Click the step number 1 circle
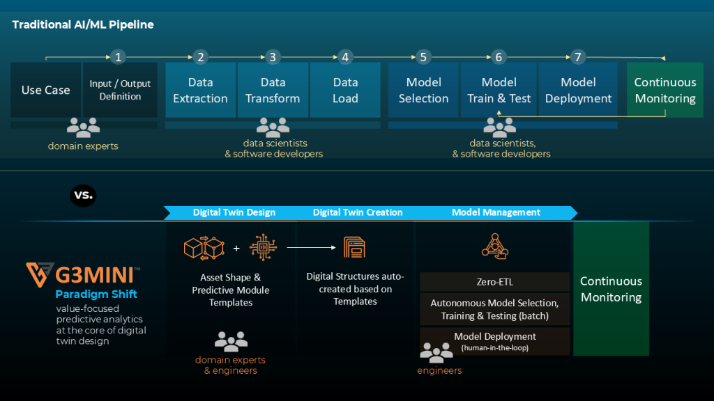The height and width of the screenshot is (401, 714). pos(119,57)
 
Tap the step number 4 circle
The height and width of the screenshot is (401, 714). pos(345,57)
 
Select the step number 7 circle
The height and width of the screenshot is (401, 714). pos(577,57)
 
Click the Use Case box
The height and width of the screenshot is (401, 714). pos(46,90)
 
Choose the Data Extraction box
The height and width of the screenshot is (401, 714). pos(200,90)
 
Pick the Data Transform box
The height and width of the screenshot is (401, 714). pos(273,90)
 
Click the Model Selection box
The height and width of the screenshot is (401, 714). pos(423,90)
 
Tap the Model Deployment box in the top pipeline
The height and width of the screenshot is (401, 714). pos(578,90)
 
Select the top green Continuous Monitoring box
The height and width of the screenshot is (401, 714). pos(664,90)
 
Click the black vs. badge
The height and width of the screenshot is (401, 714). pos(83,196)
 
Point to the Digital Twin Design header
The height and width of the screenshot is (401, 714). pos(234,212)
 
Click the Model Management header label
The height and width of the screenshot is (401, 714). pos(496,212)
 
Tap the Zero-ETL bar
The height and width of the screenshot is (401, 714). pos(494,282)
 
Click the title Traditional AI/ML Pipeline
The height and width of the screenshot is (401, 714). pos(83,25)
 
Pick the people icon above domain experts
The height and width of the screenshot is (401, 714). pos(83,127)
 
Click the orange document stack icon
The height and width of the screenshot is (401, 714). pos(355,246)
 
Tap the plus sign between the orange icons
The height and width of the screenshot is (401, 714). pos(236,248)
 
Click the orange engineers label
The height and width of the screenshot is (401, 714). pos(439,371)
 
